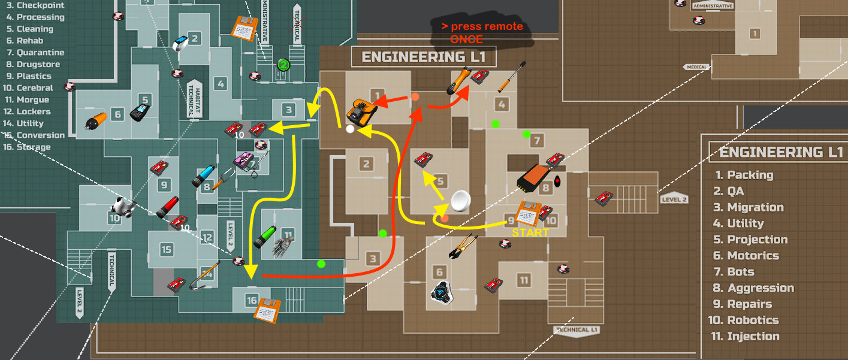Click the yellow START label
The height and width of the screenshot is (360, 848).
coord(530,233)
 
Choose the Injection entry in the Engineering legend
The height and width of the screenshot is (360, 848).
coord(753,336)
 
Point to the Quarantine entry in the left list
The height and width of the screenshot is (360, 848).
coord(40,52)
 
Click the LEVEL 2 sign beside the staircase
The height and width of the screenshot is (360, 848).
coord(674,198)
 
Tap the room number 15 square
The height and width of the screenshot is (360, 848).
coord(166,249)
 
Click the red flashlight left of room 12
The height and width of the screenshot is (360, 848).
coord(168,206)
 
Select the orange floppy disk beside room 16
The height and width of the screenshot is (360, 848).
coord(265,310)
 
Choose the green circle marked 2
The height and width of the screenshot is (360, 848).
coord(283,65)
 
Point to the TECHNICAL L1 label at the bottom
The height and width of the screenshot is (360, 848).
coord(577,330)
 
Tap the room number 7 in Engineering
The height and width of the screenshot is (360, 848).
coord(536,141)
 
